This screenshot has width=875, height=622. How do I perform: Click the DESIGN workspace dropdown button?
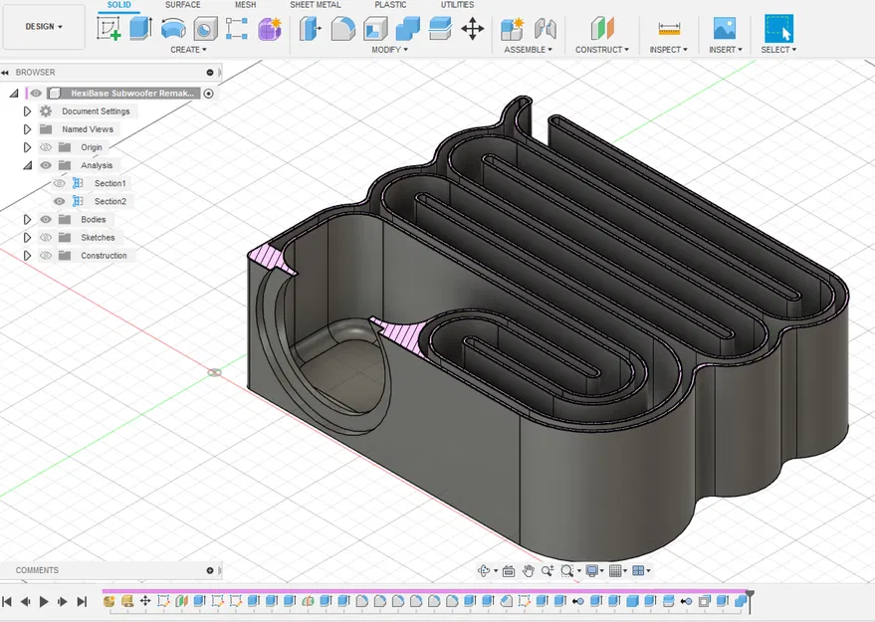tap(44, 27)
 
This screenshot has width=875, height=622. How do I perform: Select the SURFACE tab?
tap(182, 5)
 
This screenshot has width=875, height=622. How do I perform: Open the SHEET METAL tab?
tap(315, 5)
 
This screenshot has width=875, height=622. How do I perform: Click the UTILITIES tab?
tap(457, 5)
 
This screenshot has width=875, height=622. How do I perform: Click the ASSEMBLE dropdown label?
tap(528, 50)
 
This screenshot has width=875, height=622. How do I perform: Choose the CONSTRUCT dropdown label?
tap(601, 50)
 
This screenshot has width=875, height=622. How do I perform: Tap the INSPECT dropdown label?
tap(668, 50)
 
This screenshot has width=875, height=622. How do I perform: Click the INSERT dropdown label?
tap(725, 50)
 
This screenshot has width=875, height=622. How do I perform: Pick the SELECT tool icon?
tap(778, 28)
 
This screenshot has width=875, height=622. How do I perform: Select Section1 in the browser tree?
tap(109, 183)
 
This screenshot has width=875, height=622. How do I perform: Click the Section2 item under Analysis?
tap(109, 201)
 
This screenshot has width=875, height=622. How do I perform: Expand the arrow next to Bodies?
tap(28, 219)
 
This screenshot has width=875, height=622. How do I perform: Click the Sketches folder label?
tap(98, 238)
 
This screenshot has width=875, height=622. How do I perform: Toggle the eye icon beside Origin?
tap(46, 147)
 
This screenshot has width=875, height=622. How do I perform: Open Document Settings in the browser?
tap(96, 111)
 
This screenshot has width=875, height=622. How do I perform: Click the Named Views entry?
tap(88, 129)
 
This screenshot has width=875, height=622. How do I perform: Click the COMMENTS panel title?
tap(37, 570)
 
